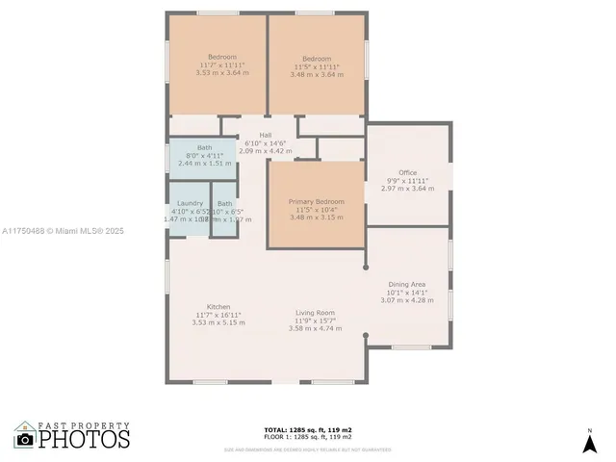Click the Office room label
[x=408, y=173]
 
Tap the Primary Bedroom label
[x=316, y=201]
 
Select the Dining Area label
[x=407, y=285]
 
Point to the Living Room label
[x=314, y=313]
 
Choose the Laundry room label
[x=189, y=203]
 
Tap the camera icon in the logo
[x=25, y=439]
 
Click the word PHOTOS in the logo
[x=85, y=440]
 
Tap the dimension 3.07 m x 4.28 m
[x=407, y=301]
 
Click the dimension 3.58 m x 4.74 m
[x=315, y=329]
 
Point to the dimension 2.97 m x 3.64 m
[x=408, y=190]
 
